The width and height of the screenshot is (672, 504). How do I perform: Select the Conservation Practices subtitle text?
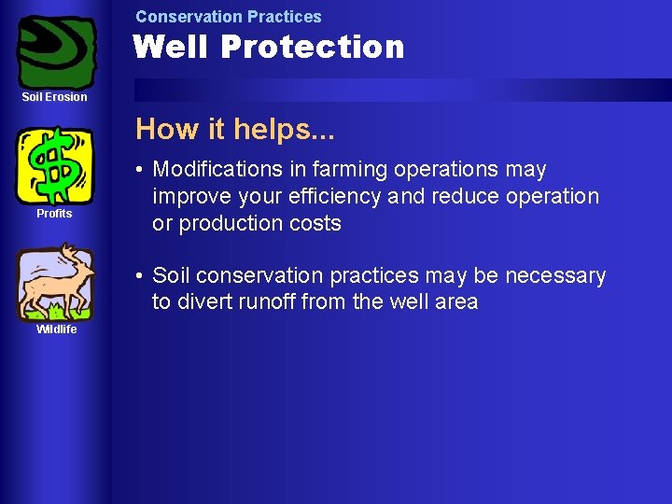[x=228, y=17]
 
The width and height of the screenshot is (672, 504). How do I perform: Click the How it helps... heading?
[x=234, y=129]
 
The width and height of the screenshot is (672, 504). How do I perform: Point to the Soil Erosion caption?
[x=55, y=97]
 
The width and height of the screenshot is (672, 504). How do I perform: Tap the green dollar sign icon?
[x=55, y=165]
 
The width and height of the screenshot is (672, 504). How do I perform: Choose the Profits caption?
[x=54, y=214]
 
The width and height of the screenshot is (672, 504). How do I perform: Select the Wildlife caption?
[x=56, y=329]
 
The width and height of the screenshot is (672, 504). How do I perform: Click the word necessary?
[x=555, y=276]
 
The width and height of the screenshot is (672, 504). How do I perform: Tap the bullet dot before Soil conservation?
[x=138, y=276]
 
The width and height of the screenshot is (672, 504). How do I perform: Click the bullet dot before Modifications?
[x=138, y=170]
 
